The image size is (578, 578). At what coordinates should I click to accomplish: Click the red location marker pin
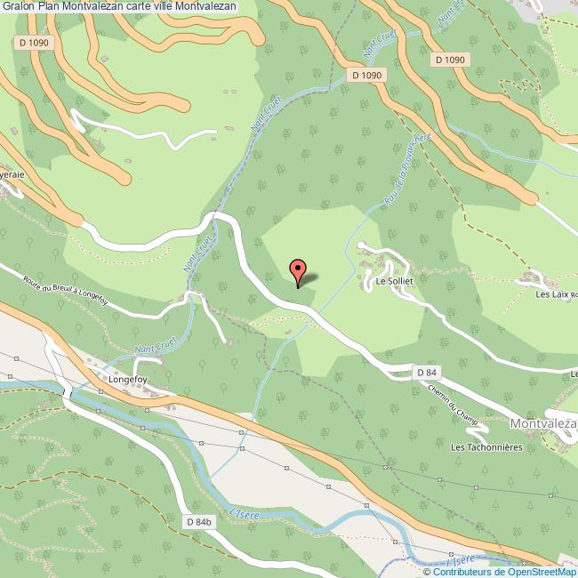pyautogui.click(x=299, y=271)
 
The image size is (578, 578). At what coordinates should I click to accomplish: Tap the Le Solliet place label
pyautogui.click(x=391, y=282)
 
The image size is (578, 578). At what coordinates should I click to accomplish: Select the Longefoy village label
pyautogui.click(x=126, y=379)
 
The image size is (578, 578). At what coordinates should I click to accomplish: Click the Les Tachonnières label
pyautogui.click(x=487, y=446)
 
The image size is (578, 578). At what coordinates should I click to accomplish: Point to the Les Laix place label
pyautogui.click(x=552, y=293)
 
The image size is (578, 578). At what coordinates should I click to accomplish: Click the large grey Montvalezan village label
pyautogui.click(x=544, y=424)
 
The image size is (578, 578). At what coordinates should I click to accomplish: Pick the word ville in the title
pyautogui.click(x=173, y=6)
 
